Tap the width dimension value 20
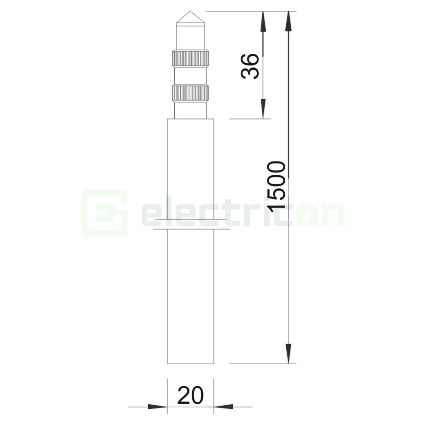click(x=190, y=395)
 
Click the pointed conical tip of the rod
click(x=190, y=18)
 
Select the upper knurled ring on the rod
click(x=190, y=58)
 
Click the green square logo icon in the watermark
click(x=104, y=212)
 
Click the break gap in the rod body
click(x=191, y=225)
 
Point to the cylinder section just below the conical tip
click(x=190, y=36)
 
